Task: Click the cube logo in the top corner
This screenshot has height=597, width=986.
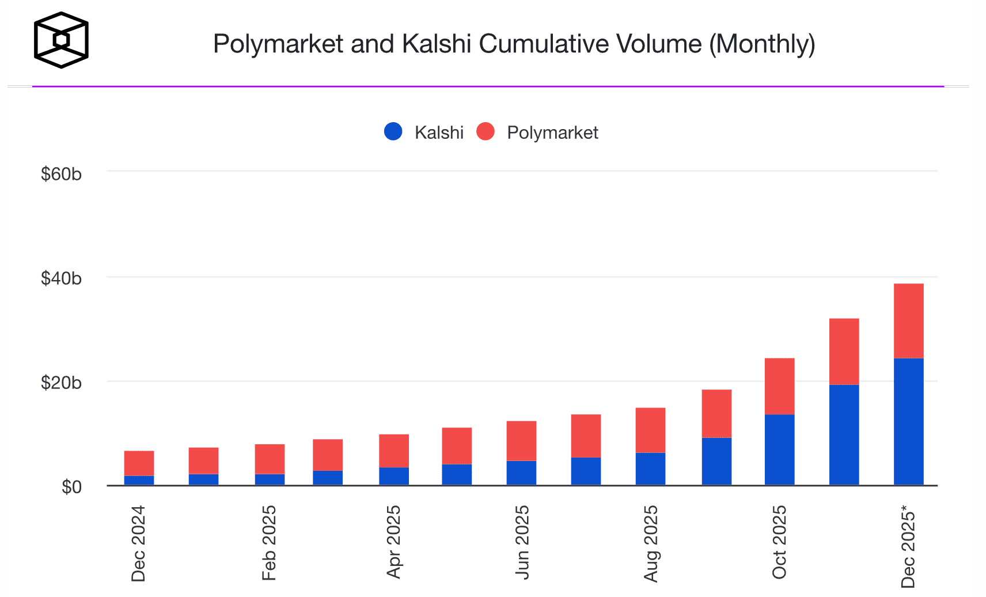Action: tap(61, 40)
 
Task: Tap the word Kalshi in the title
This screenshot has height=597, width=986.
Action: tap(437, 44)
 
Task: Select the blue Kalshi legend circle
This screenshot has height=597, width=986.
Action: tap(393, 131)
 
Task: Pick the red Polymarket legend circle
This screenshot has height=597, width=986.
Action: tap(486, 131)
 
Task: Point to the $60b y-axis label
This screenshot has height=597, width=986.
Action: tap(61, 174)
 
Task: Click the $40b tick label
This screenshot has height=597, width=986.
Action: tap(61, 278)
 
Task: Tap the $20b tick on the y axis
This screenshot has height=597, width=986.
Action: tap(61, 383)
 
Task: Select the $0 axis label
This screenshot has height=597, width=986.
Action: tap(71, 487)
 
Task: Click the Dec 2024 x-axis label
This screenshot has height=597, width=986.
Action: tap(138, 543)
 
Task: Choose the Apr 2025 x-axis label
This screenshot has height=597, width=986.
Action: tap(393, 542)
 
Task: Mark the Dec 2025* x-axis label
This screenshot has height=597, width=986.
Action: tap(908, 546)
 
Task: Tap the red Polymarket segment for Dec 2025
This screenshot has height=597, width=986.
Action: tap(908, 320)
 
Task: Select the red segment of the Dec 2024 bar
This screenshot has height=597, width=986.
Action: tap(139, 463)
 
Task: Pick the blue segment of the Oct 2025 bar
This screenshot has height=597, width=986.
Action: tap(779, 449)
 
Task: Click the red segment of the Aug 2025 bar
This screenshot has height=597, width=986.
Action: tap(650, 430)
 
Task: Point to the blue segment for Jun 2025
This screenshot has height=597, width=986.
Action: tap(521, 473)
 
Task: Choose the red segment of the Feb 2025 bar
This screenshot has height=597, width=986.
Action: tap(270, 459)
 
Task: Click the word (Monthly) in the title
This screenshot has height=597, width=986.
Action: tap(761, 44)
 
